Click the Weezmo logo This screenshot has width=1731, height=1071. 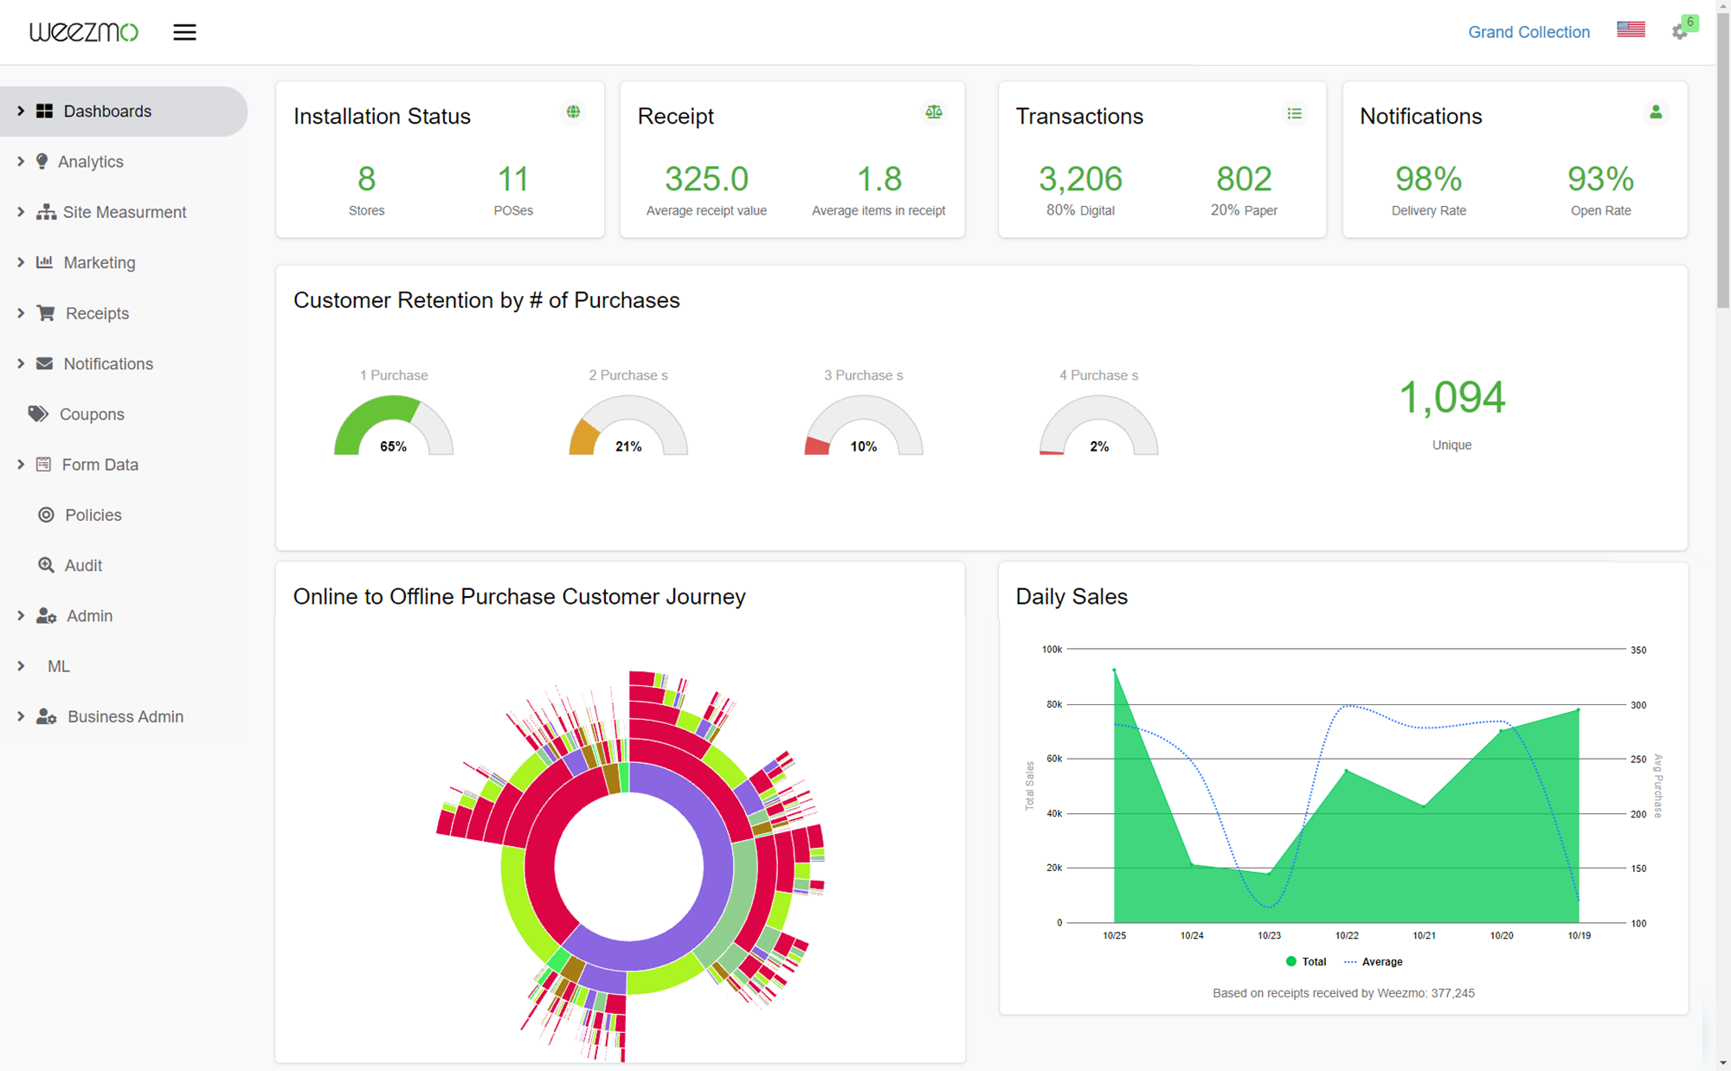[x=83, y=32]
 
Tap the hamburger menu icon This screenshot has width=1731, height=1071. [x=184, y=32]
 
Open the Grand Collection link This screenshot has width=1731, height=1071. [x=1528, y=32]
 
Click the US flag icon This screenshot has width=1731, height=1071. [x=1631, y=29]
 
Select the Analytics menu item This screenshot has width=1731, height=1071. [x=90, y=162]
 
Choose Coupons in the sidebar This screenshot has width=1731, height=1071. [x=92, y=414]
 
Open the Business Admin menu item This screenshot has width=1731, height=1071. [x=125, y=716]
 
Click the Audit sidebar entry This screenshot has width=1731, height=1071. [x=83, y=565]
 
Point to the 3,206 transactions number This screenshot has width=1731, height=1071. [x=1080, y=179]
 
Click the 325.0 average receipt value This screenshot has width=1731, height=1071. [x=706, y=179]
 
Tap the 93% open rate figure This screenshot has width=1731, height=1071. [x=1600, y=179]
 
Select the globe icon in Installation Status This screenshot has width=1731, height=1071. [x=573, y=112]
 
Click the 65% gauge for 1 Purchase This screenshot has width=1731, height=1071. [x=393, y=428]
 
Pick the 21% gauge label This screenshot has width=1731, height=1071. [x=628, y=446]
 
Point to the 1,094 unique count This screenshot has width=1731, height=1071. [x=1451, y=398]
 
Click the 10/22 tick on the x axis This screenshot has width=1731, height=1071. [x=1347, y=935]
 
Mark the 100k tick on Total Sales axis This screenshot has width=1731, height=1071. [x=1052, y=649]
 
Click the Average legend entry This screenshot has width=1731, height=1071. [x=1381, y=961]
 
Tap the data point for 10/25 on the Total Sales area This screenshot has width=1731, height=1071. [x=1114, y=670]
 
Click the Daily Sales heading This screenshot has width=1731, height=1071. [x=1071, y=596]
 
